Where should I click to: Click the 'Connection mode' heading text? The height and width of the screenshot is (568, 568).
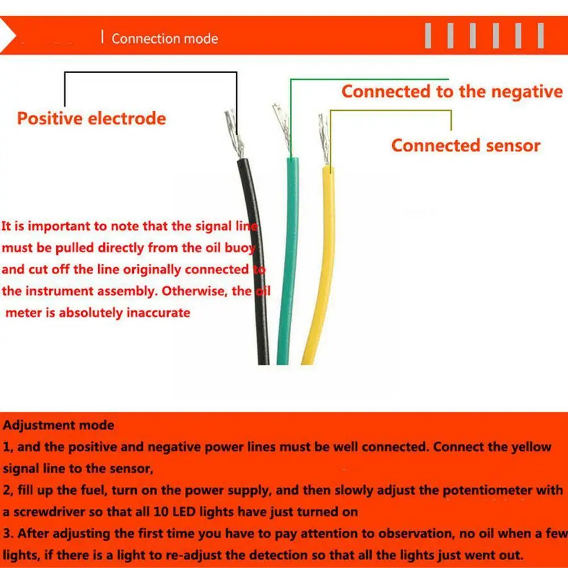pos(165,39)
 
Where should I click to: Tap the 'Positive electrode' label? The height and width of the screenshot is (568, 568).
pos(91,119)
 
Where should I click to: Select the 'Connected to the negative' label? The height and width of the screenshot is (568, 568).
pos(452,91)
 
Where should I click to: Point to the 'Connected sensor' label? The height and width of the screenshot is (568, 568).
pos(465,145)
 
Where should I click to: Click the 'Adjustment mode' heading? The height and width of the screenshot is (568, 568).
pos(58,425)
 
